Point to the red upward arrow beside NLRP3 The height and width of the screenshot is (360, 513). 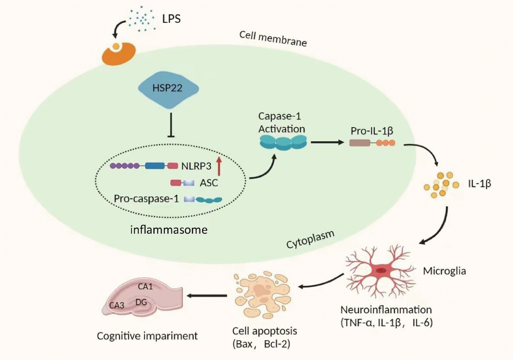pyautogui.click(x=219, y=165)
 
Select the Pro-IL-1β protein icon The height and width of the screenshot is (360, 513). pyautogui.click(x=372, y=143)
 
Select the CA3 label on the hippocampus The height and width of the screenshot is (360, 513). pyautogui.click(x=117, y=305)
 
